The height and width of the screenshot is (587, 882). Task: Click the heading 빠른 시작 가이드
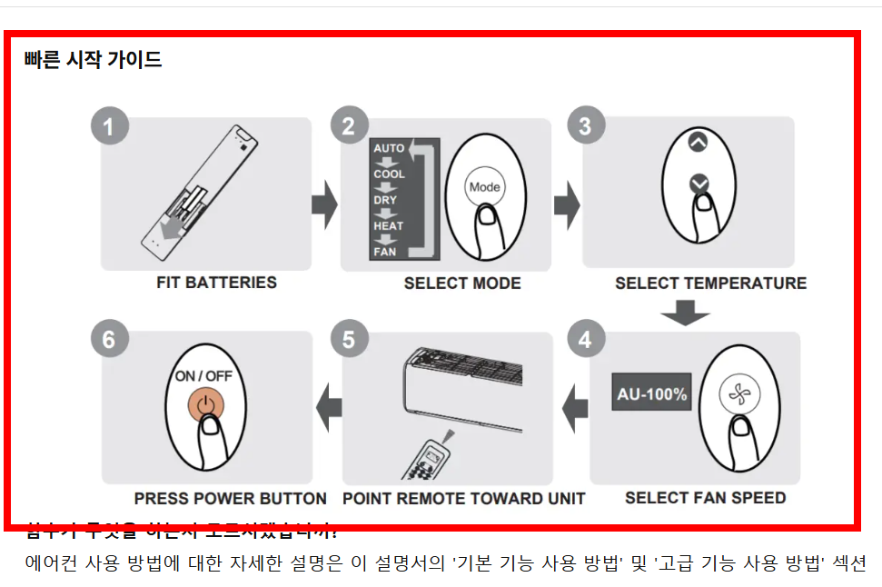pos(94,60)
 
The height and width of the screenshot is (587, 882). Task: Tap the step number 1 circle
pos(109,126)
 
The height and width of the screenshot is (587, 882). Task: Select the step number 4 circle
pos(586,340)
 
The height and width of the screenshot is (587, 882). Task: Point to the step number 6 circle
pos(109,340)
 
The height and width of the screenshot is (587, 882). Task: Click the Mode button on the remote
pos(484,187)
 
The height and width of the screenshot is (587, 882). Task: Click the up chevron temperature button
pos(697,142)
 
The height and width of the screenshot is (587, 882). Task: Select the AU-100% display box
pos(651,394)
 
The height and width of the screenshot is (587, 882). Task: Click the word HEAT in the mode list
pos(389,225)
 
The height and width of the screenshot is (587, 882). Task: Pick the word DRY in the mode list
pos(385,200)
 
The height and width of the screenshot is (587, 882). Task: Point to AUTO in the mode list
pos(389,148)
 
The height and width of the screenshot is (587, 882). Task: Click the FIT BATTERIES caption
pos(216,283)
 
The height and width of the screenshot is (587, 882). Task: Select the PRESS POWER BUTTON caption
pos(230,499)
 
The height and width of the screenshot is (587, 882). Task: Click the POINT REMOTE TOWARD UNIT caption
pos(463,499)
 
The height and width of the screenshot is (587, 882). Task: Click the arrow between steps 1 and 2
pos(324,204)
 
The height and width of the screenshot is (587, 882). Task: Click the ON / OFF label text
pos(204,375)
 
